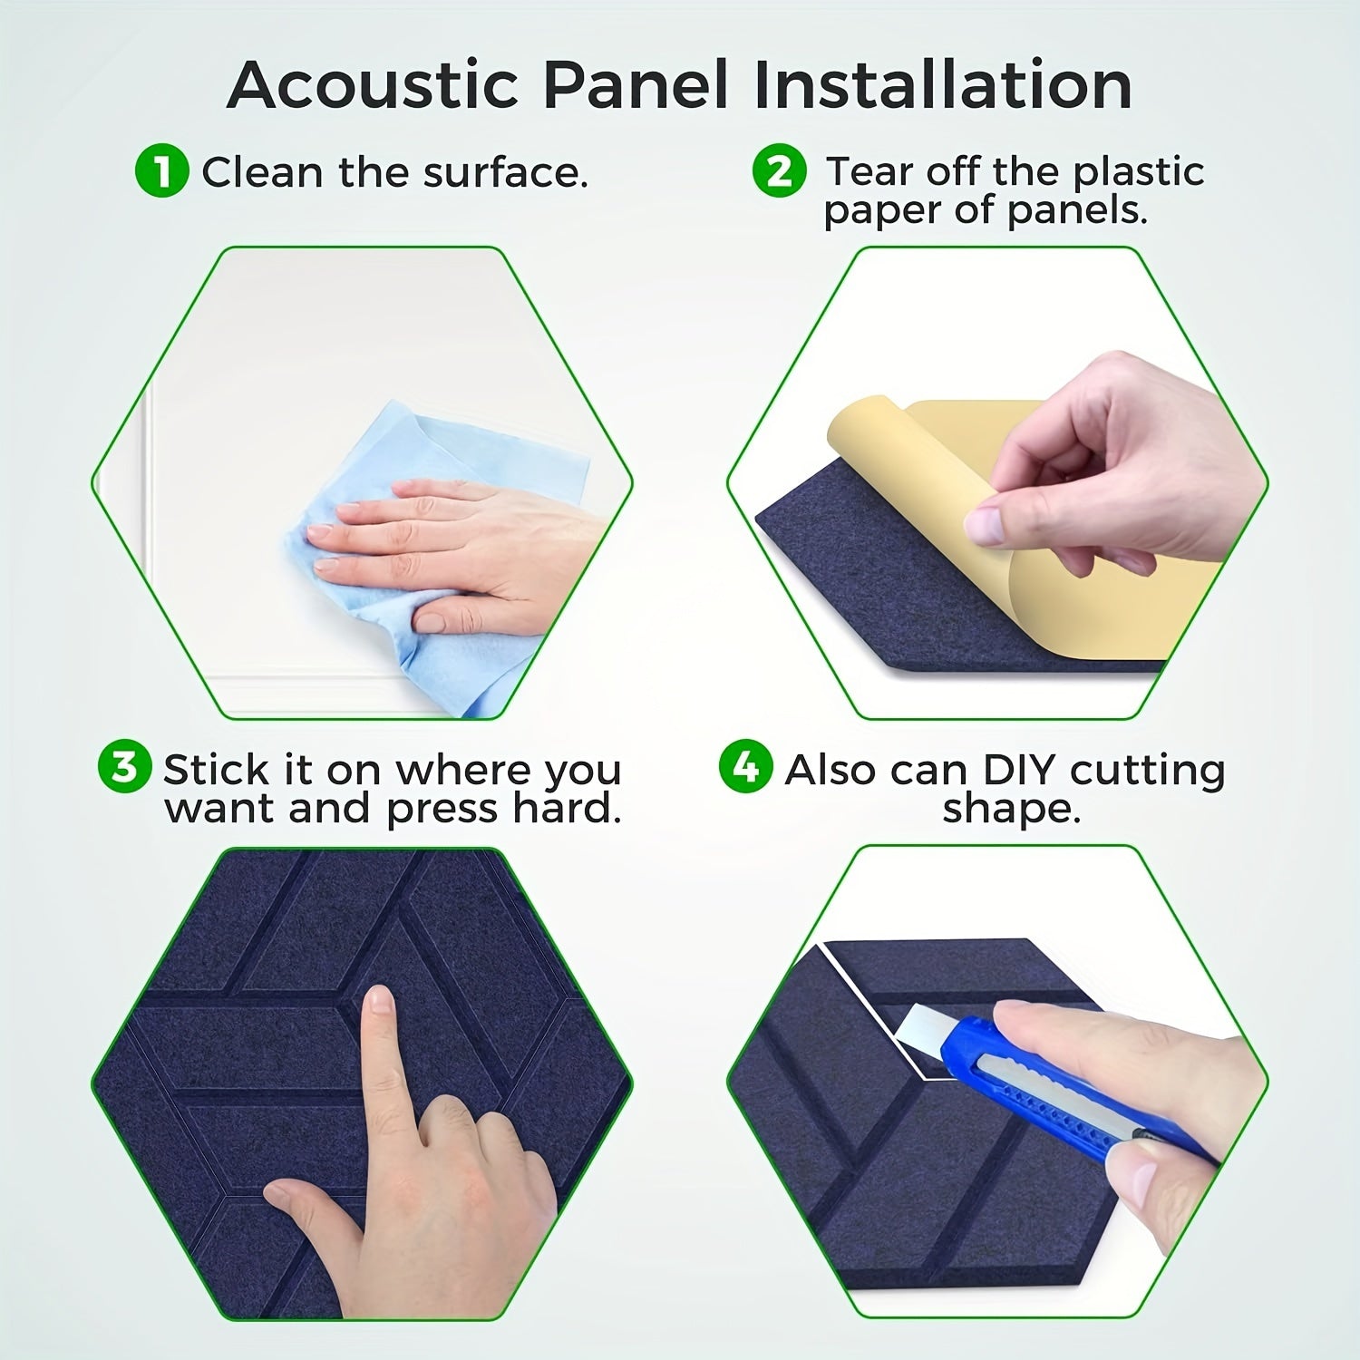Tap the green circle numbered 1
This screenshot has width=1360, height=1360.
tap(161, 171)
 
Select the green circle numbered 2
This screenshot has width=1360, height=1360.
tap(779, 171)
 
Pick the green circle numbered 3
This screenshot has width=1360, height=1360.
tap(123, 767)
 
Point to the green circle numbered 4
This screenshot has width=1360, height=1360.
tap(745, 767)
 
